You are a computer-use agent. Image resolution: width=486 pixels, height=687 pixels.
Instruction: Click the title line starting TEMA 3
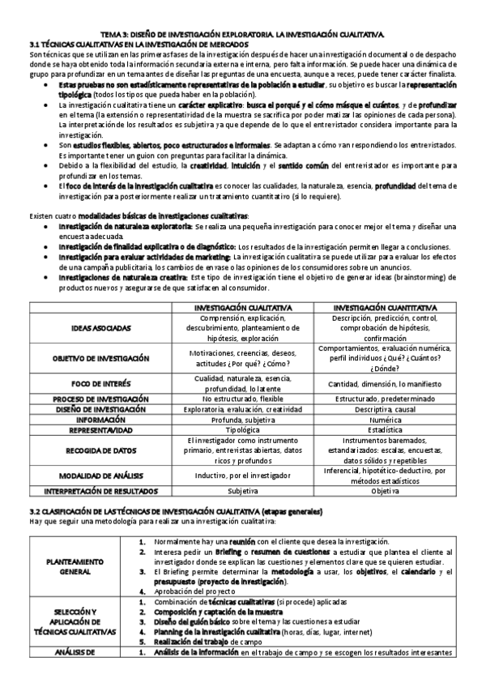point(243,36)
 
